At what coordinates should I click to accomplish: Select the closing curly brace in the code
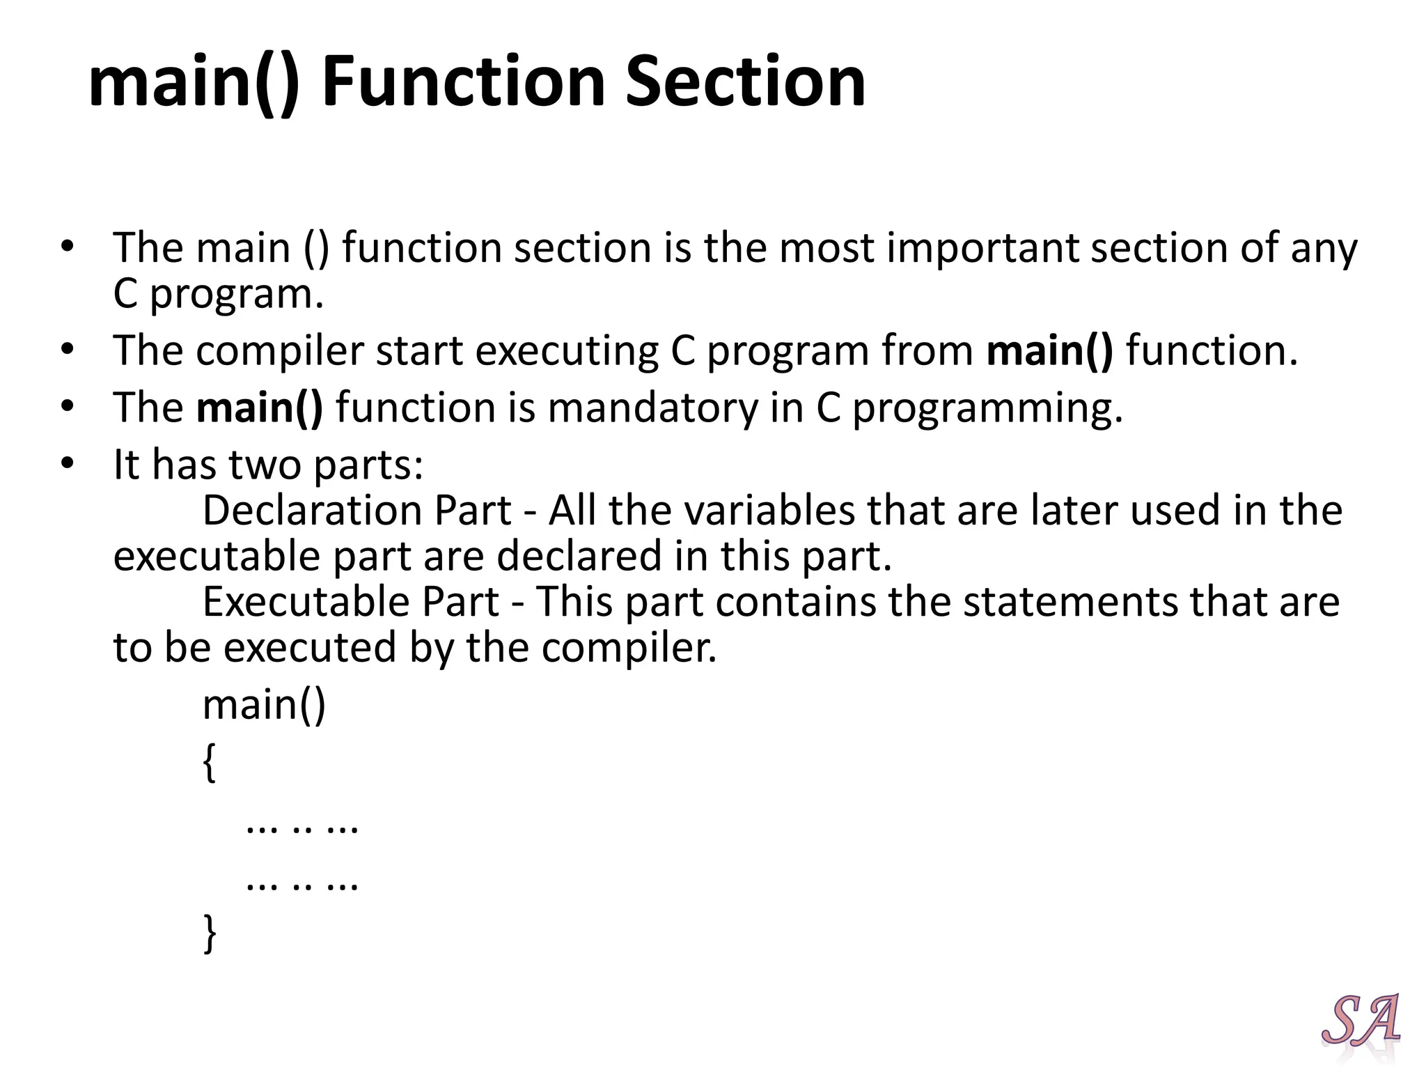pos(209,933)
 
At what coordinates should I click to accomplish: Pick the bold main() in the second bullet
pos(1049,350)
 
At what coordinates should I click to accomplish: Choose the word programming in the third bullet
pos(987,409)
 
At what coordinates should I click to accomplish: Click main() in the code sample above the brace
pos(264,705)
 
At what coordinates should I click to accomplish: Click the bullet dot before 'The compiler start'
pos(67,348)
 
